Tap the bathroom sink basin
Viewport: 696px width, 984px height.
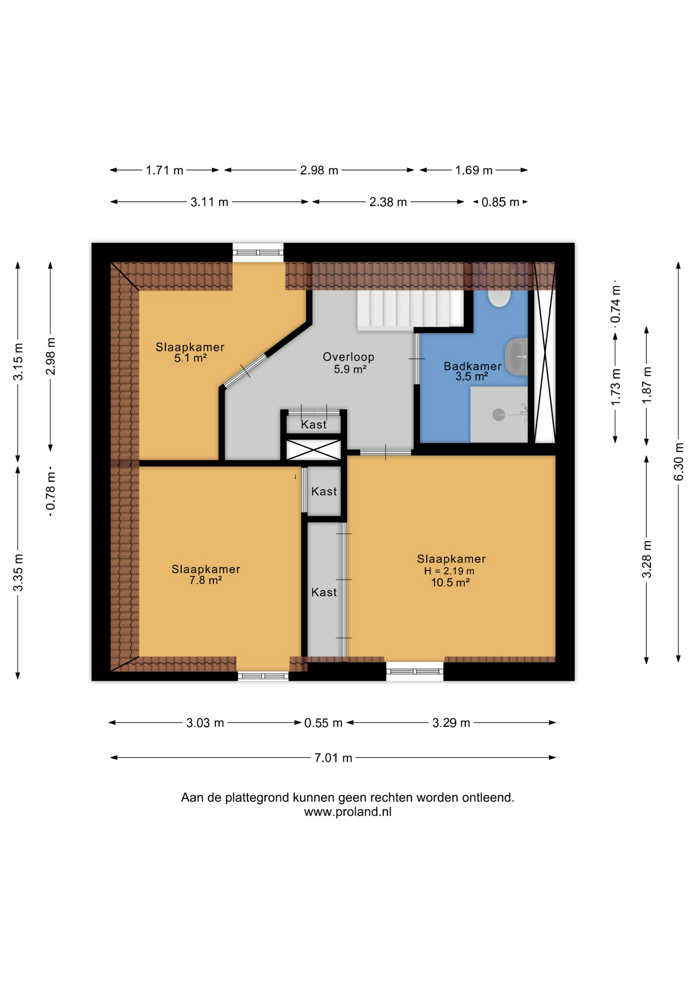coord(516,357)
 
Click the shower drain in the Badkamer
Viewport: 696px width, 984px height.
coord(499,415)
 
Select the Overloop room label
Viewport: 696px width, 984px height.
coord(349,357)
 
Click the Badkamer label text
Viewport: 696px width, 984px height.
coord(473,366)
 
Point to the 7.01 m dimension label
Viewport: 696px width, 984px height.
coord(333,757)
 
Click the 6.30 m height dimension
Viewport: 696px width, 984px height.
coord(679,462)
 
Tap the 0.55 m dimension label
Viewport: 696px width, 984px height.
coord(323,723)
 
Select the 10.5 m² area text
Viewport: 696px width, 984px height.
coord(451,582)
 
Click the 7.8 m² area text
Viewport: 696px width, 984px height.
coord(206,580)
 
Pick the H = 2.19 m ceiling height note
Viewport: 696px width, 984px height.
coord(449,571)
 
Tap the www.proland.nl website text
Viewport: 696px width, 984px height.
coord(348,812)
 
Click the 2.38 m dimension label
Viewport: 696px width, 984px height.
coord(388,202)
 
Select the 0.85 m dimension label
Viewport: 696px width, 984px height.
coord(500,202)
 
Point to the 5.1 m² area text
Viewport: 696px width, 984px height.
coord(190,358)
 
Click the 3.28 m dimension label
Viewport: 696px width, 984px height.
coord(647,559)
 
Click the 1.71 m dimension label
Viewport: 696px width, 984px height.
coord(165,170)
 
